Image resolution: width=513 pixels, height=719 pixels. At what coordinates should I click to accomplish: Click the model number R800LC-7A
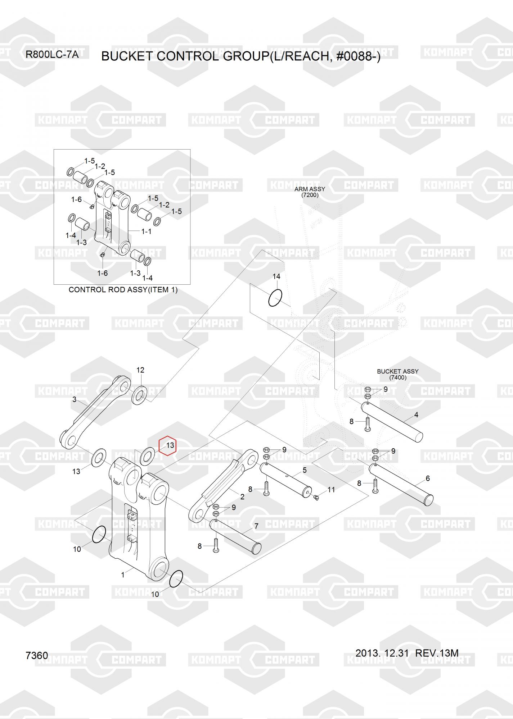(x=52, y=55)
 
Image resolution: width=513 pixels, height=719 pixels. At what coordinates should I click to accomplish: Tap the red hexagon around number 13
(x=167, y=446)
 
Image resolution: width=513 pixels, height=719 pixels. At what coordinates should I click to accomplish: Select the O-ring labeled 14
(x=275, y=298)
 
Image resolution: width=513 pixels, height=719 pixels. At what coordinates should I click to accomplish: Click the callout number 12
(x=140, y=370)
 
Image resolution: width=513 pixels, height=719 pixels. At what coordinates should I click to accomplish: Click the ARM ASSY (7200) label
(x=310, y=192)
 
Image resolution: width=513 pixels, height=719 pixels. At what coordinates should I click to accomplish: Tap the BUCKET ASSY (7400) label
(x=398, y=374)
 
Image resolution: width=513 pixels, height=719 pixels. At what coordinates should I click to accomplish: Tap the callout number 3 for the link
(x=75, y=399)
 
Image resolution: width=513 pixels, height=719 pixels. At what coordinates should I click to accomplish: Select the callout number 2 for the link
(x=242, y=497)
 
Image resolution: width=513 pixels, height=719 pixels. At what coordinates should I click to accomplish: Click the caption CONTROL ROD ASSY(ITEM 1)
(x=123, y=290)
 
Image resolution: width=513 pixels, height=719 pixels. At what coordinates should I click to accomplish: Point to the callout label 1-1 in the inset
(x=147, y=232)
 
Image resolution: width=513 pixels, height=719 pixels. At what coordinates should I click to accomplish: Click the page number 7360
(x=37, y=656)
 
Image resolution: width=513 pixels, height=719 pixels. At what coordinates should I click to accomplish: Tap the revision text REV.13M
(x=437, y=653)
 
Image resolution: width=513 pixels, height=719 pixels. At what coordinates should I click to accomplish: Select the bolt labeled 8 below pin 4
(x=367, y=424)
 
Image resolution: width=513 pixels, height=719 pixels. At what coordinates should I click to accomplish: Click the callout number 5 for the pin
(x=305, y=470)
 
